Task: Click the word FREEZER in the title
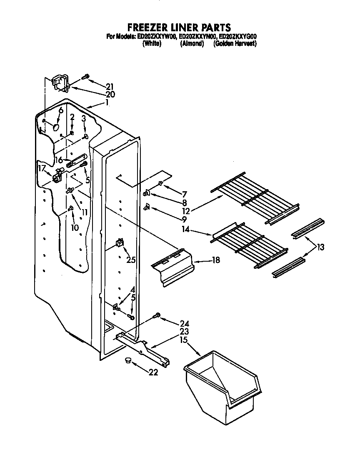click(x=147, y=28)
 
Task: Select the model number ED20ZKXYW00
click(x=156, y=37)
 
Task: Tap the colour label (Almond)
click(x=192, y=43)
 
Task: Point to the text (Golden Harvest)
click(x=235, y=43)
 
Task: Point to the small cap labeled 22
click(x=127, y=360)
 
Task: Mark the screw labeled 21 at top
click(x=86, y=76)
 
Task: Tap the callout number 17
click(x=41, y=168)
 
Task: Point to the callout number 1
click(x=107, y=102)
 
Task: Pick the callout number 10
click(x=74, y=227)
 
